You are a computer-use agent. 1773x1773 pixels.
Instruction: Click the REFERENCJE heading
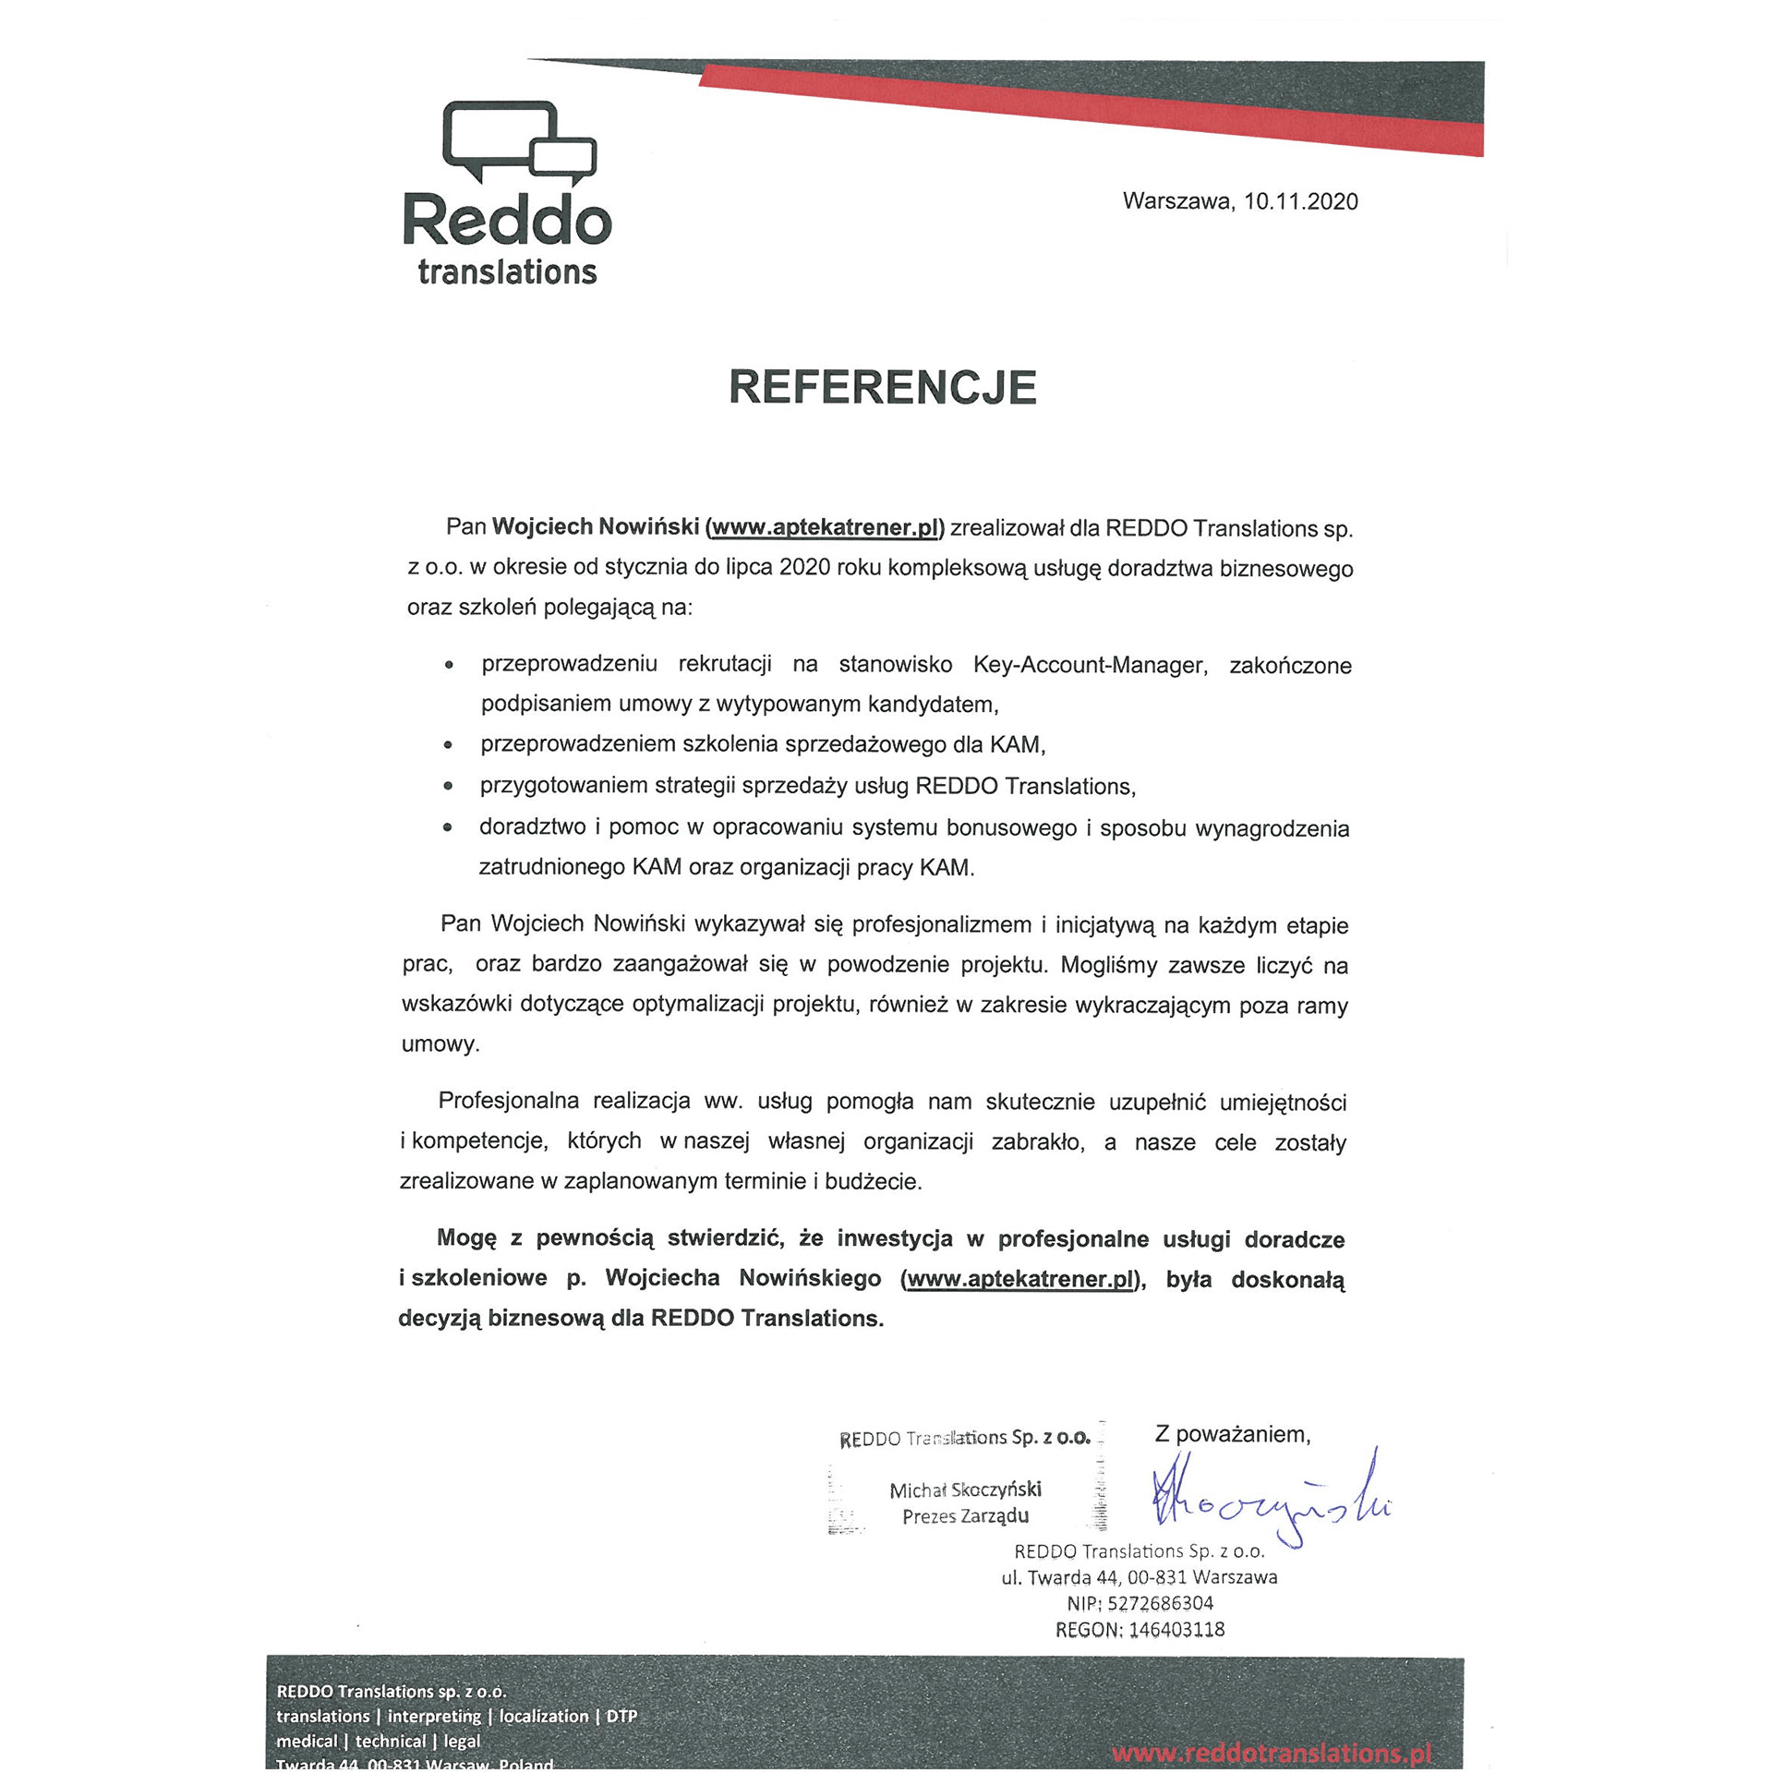coord(883,388)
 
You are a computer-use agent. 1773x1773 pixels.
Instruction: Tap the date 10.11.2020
coord(1300,202)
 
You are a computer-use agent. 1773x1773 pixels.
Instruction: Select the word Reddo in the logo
coord(507,220)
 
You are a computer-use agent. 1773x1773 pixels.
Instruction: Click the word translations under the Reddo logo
coord(507,272)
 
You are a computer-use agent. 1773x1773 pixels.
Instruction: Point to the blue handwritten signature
coord(1270,1502)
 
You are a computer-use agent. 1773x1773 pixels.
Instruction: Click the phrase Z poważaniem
coord(1232,1434)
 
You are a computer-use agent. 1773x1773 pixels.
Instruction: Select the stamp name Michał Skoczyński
coord(965,1490)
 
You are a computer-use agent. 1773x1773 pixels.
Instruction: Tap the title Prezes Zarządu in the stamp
coord(965,1516)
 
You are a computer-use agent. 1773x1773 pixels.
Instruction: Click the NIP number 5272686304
coord(1160,1603)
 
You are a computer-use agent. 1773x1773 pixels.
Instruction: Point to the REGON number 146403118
coord(1176,1630)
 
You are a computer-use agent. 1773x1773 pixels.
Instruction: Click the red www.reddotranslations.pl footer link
coord(1272,1753)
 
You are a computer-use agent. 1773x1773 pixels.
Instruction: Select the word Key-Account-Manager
coord(1090,665)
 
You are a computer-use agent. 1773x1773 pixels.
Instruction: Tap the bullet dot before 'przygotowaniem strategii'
coord(448,787)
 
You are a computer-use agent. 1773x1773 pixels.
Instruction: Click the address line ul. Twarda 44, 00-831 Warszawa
coord(1139,1577)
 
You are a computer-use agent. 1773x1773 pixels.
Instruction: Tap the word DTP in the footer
coord(621,1716)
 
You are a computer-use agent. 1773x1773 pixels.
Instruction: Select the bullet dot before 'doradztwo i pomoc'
coord(447,828)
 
